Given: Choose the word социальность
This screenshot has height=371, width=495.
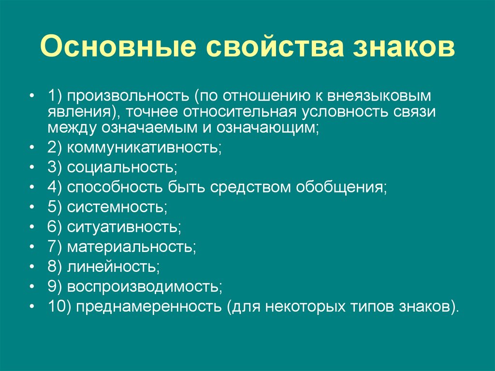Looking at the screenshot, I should pos(121,168).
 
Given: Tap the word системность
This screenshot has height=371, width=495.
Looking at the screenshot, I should pos(116,207).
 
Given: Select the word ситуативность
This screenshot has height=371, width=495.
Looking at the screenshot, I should pos(123,227).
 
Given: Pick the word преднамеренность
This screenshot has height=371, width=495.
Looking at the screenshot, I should pos(147,307).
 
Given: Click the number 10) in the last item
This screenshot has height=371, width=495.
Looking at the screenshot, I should pos(59,306).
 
